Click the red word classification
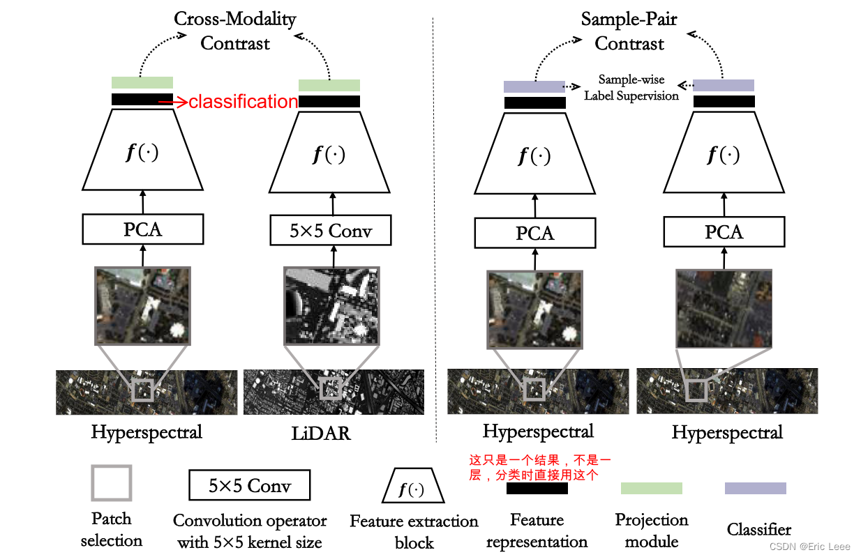pyautogui.click(x=244, y=102)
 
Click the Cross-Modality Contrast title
pyautogui.click(x=235, y=31)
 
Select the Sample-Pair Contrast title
pyautogui.click(x=629, y=31)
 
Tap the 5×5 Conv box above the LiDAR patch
pyautogui.click(x=331, y=230)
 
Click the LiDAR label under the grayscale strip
pyautogui.click(x=321, y=434)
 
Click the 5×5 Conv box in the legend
pyautogui.click(x=249, y=485)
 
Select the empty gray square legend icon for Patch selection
pyautogui.click(x=111, y=483)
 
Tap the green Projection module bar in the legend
pyautogui.click(x=651, y=488)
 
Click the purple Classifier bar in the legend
pyautogui.click(x=755, y=488)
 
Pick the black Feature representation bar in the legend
pyautogui.click(x=537, y=489)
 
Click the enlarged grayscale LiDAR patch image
pyautogui.click(x=331, y=306)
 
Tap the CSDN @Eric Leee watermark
pyautogui.click(x=814, y=547)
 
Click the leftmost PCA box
pyautogui.click(x=142, y=229)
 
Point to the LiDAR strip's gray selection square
pyautogui.click(x=331, y=388)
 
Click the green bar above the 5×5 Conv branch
pyautogui.click(x=329, y=85)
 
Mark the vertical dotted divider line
pyautogui.click(x=435, y=230)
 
